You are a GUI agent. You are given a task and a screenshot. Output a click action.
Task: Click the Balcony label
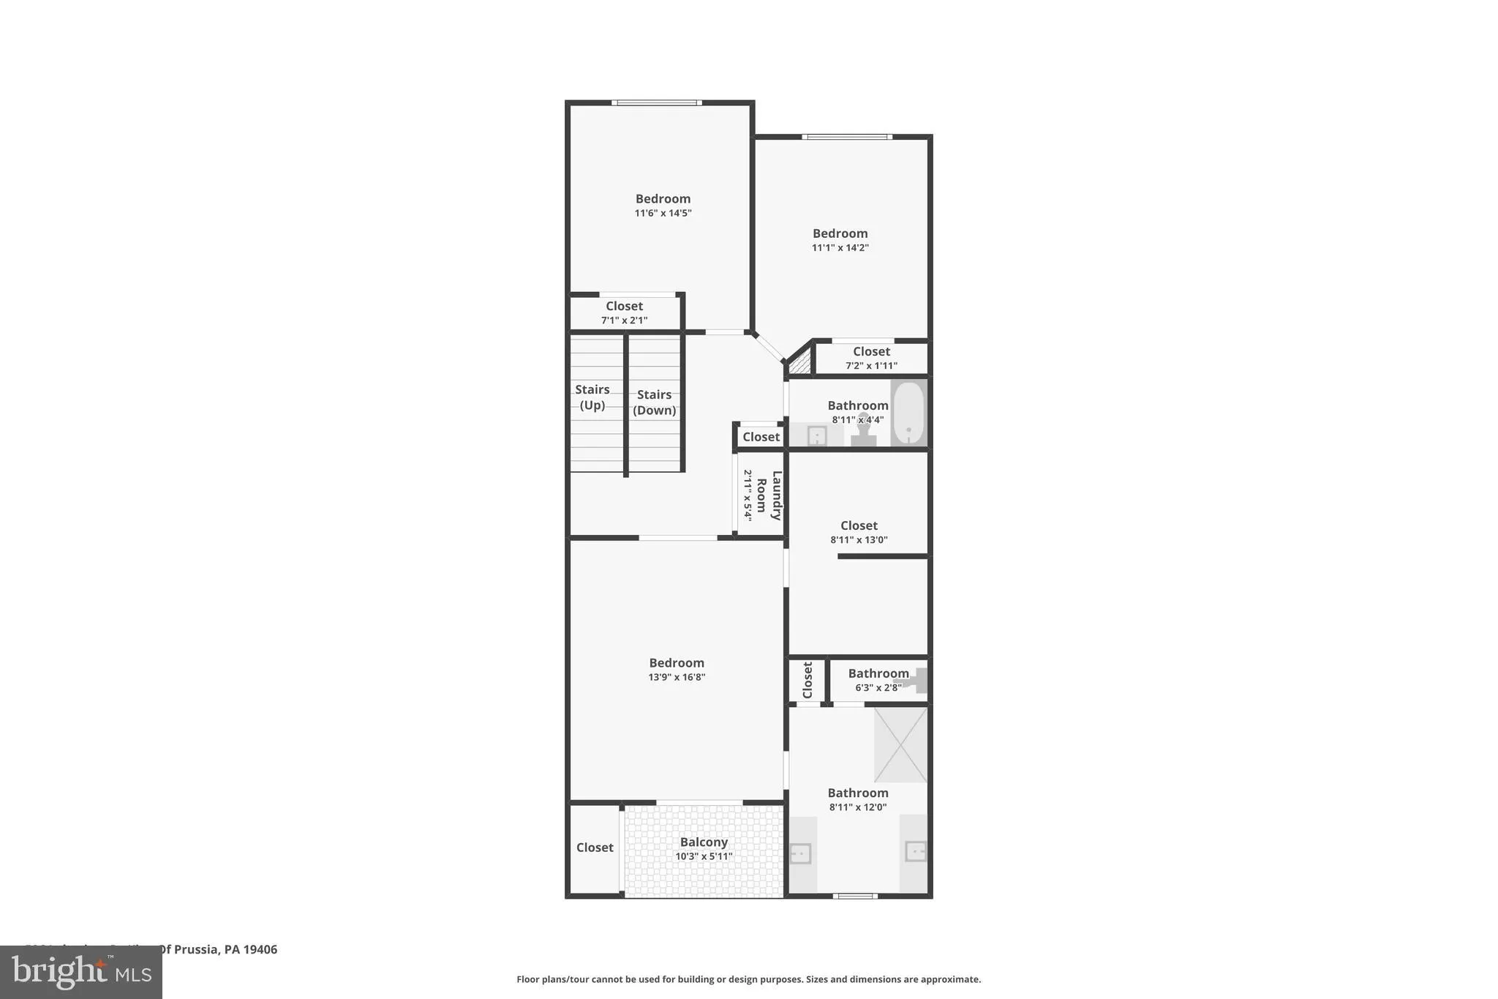coord(704,842)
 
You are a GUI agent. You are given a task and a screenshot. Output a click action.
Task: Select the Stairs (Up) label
coord(592,397)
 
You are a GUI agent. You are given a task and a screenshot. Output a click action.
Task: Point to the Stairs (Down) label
coord(654,403)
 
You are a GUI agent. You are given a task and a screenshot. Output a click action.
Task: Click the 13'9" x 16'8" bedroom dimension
coord(677,677)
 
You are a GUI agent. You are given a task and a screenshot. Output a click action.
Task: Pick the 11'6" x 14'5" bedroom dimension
coord(663,213)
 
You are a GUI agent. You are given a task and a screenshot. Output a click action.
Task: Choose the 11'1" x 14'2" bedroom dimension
coord(840,247)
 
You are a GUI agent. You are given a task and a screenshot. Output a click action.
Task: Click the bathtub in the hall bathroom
coord(908,413)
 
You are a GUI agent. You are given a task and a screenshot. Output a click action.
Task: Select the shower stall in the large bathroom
coord(900,744)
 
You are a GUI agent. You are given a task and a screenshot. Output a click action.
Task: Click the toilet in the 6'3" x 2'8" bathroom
coord(914,681)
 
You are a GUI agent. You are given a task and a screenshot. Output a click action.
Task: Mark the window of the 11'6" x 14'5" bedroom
coord(656,102)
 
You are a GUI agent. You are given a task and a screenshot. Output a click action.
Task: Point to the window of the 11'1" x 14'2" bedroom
coord(846,137)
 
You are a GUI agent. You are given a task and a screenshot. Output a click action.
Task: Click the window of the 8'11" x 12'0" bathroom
coord(855,895)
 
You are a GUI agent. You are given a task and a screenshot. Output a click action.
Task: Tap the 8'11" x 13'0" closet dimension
coord(859,540)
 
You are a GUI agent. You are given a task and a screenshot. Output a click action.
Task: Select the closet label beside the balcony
coord(595,848)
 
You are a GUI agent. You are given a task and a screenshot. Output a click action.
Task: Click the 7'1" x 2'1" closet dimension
coord(624,321)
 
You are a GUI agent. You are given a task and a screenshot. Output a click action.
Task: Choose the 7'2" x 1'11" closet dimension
coord(871,366)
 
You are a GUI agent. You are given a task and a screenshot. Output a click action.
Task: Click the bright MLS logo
coord(81,972)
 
